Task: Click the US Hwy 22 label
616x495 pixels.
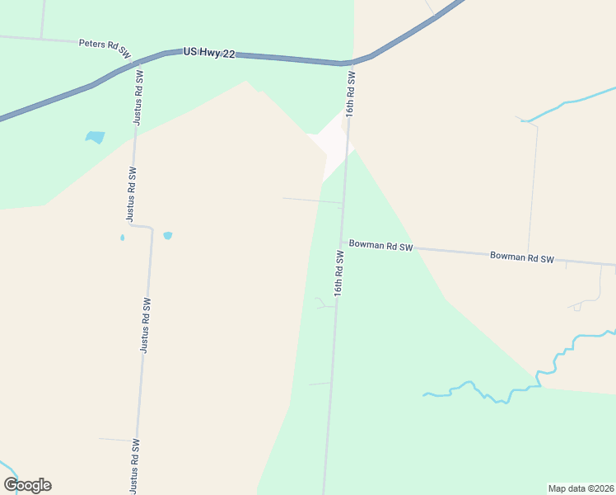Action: (x=209, y=53)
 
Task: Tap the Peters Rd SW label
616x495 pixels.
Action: (x=105, y=47)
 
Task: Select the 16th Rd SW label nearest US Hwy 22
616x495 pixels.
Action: (x=352, y=95)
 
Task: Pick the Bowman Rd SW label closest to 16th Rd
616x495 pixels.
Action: (x=380, y=245)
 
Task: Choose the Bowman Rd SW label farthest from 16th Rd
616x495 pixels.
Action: (x=521, y=257)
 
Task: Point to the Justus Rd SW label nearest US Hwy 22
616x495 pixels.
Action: (x=140, y=97)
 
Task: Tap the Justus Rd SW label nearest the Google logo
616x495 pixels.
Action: (x=134, y=466)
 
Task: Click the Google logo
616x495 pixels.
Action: (x=27, y=485)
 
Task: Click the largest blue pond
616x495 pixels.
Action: (x=96, y=137)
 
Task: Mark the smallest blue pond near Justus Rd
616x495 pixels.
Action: (x=123, y=238)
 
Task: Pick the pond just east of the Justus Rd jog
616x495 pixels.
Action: (x=168, y=235)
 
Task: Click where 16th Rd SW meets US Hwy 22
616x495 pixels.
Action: (x=352, y=63)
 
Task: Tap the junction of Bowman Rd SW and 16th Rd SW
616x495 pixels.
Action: (x=342, y=243)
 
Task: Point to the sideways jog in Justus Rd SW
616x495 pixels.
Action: (x=142, y=226)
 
